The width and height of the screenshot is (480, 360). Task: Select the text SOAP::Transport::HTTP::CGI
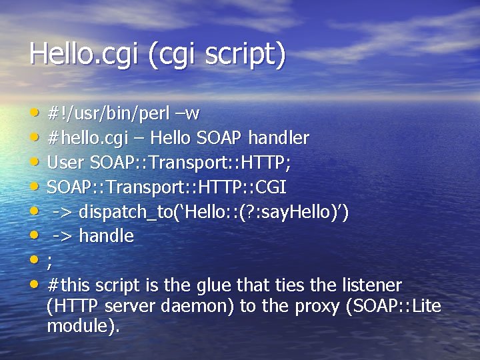pos(167,187)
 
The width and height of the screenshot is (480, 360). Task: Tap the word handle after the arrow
pos(107,236)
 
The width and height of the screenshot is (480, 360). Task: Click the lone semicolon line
pos(50,261)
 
